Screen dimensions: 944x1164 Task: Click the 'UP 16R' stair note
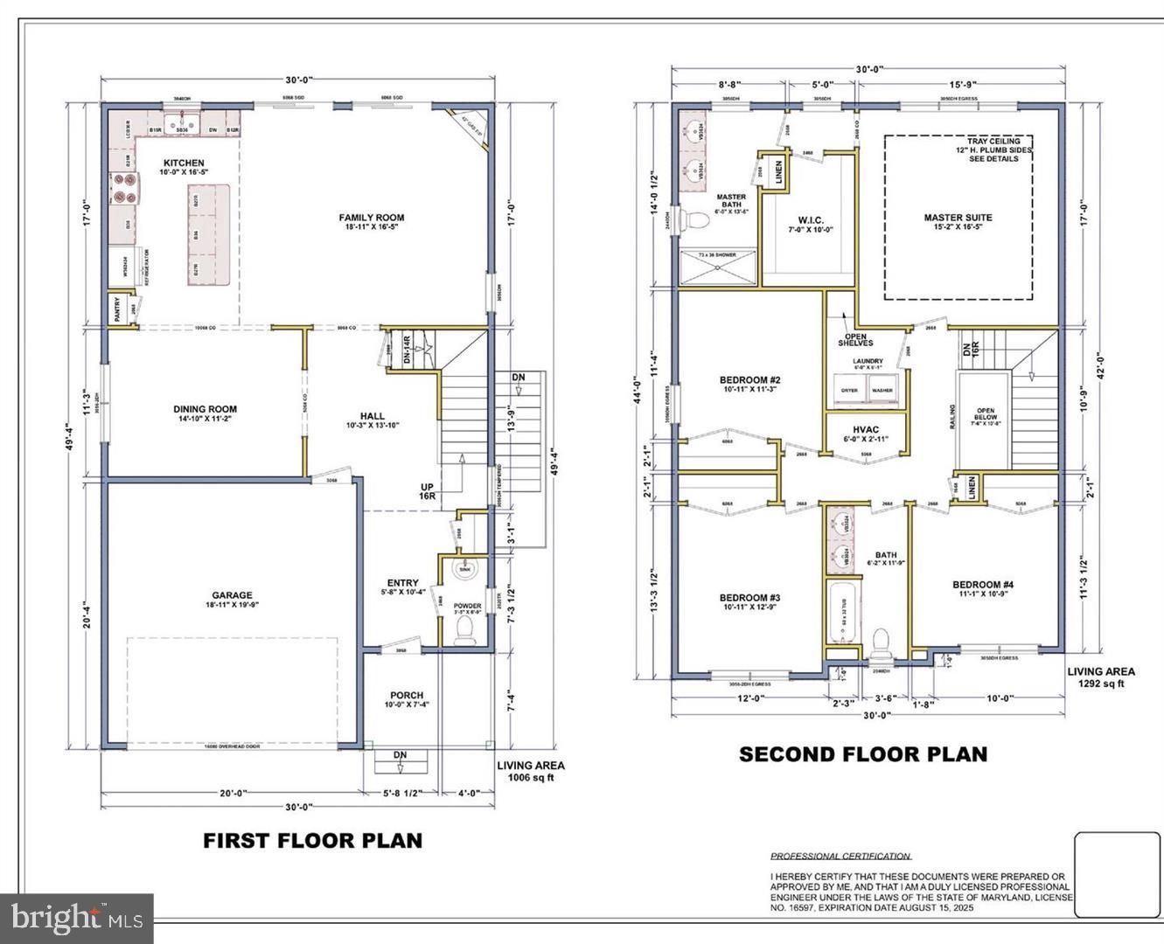click(427, 490)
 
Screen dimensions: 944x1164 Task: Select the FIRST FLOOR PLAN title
click(312, 841)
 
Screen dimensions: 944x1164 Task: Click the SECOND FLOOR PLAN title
click(863, 754)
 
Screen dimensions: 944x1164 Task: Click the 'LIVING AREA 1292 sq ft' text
click(1100, 677)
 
